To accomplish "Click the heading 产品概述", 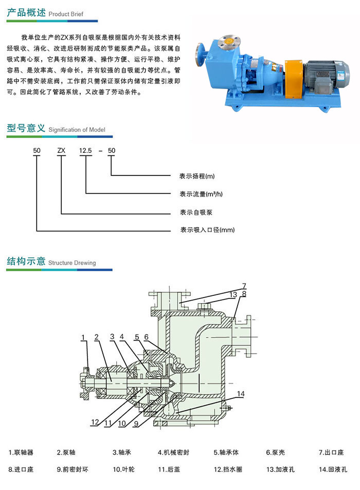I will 26,13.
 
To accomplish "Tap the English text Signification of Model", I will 77,130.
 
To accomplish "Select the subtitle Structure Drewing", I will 72,263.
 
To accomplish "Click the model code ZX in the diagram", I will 61,151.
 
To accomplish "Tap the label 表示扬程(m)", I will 197,176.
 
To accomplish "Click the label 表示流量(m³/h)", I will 201,194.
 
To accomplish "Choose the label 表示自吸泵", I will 196,212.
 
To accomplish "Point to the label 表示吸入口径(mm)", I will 204,230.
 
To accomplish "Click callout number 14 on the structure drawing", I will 241,394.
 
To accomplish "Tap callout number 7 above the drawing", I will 244,286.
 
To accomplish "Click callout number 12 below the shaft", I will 95,422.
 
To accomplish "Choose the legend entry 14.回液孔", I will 333,470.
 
